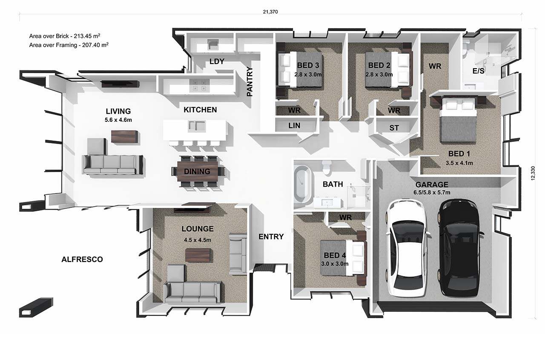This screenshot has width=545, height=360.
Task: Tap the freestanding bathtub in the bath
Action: (x=303, y=184)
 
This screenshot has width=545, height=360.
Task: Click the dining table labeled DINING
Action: (x=197, y=171)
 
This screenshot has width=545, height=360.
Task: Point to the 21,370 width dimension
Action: (x=270, y=12)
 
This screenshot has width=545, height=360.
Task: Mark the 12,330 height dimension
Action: (x=533, y=173)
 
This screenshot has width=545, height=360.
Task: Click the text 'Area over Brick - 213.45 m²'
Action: (x=65, y=36)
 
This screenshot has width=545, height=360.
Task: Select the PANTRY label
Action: (x=250, y=81)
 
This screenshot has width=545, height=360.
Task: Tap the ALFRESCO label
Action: (x=82, y=259)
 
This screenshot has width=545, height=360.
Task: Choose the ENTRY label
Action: (x=271, y=236)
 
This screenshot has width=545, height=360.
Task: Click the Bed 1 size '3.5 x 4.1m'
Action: (x=459, y=163)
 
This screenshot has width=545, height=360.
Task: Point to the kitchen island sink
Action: (x=197, y=126)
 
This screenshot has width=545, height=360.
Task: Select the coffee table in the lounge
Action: (x=198, y=255)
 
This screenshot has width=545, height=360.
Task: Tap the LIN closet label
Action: (x=294, y=126)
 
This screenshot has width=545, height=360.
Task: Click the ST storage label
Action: (x=394, y=128)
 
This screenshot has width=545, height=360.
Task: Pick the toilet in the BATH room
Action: (x=326, y=167)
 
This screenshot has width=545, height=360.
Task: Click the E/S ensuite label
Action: (x=478, y=71)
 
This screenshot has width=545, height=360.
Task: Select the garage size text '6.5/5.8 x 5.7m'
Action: (x=432, y=192)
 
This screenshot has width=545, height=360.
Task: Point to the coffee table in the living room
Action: (x=125, y=136)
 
